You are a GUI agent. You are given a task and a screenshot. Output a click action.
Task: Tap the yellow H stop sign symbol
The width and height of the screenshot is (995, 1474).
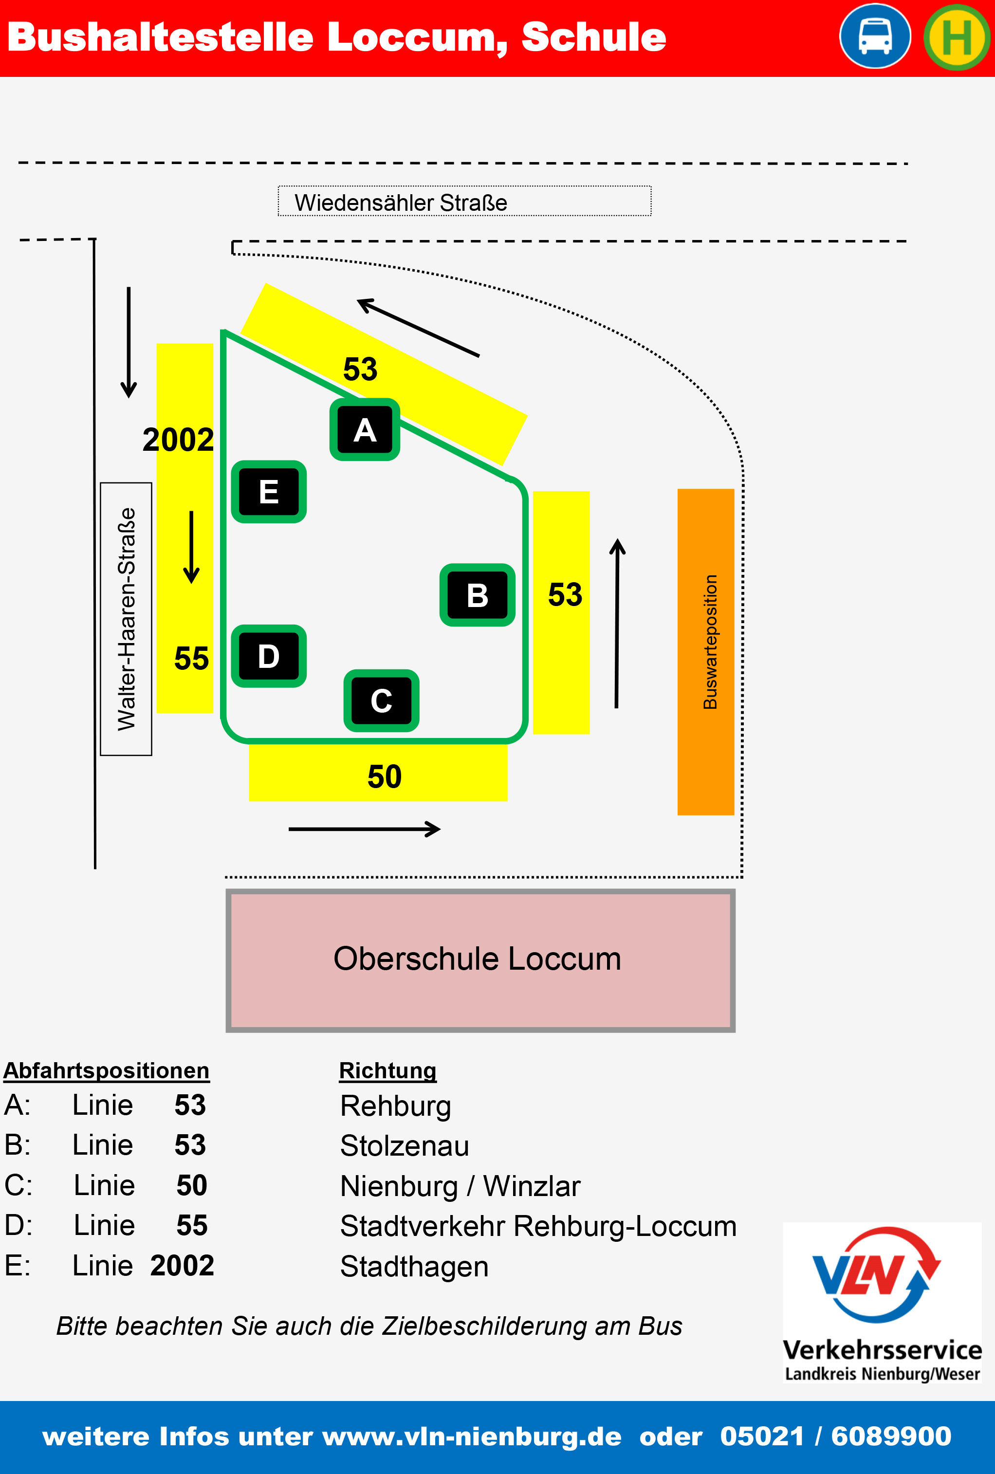(957, 37)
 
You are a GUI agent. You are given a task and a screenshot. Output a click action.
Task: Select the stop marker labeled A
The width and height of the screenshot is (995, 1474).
(365, 430)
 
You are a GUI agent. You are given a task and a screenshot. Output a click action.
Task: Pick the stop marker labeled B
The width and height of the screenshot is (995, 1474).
(477, 595)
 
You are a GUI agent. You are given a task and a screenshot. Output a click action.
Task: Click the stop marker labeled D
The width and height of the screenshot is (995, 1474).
(269, 656)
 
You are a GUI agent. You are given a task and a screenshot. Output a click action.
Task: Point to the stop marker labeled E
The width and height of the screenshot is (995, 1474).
(269, 492)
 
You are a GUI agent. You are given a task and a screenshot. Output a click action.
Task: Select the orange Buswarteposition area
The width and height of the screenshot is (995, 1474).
(705, 651)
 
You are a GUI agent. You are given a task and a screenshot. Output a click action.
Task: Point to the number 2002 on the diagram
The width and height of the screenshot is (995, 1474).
(178, 440)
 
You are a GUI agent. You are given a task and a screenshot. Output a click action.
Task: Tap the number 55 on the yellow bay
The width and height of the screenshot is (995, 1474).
(191, 658)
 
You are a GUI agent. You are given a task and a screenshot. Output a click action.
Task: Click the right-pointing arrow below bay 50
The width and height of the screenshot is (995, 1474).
(365, 829)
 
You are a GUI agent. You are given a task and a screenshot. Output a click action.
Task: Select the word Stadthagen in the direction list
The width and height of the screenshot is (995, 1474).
(414, 1267)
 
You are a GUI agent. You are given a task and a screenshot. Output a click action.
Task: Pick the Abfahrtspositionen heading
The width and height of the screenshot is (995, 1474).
(107, 1070)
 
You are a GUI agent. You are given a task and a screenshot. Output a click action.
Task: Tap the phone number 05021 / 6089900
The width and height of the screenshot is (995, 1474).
(835, 1436)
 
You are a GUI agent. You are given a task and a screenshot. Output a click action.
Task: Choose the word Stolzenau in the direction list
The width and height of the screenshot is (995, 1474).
(405, 1145)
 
